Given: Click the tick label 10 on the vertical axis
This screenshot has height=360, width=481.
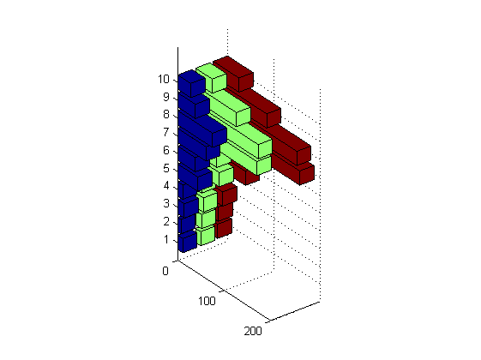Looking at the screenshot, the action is (x=164, y=80).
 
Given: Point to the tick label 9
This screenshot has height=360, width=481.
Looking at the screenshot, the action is (x=166, y=97).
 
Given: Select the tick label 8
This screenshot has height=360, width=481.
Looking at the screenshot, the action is (x=166, y=115).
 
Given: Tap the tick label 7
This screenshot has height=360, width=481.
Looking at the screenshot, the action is (x=166, y=133).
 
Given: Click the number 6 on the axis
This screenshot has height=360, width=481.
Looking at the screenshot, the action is (x=166, y=150).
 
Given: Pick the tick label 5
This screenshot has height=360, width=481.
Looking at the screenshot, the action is (x=166, y=168).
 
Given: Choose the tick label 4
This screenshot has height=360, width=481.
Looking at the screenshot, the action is (x=166, y=186).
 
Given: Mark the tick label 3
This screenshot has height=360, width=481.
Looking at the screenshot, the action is (x=166, y=203).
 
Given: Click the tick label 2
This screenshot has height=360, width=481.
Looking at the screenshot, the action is (x=166, y=221).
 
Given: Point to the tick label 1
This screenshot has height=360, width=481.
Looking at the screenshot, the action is (x=166, y=239).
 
